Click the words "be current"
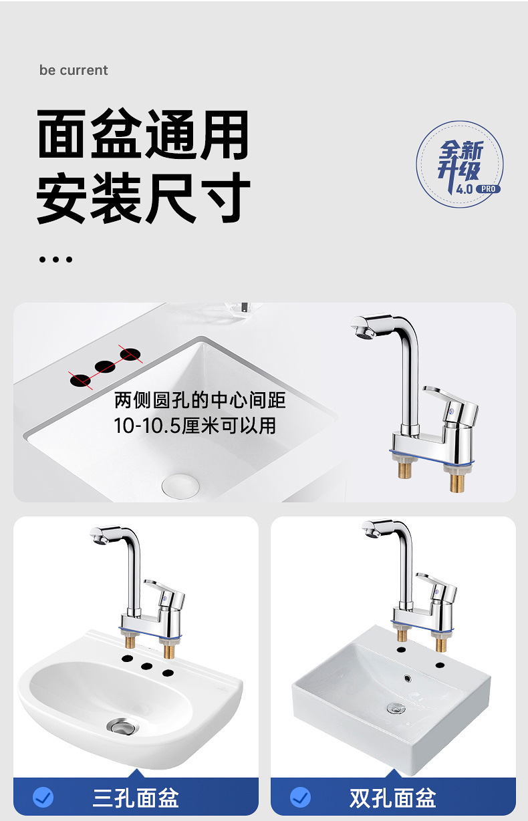[x=74, y=70]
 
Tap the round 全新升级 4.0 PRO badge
[x=460, y=164]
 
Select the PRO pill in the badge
[x=488, y=189]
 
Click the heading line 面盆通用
[x=143, y=134]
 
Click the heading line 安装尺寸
[x=143, y=198]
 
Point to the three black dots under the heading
[x=55, y=259]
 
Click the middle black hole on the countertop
[x=105, y=367]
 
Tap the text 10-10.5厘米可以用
[x=194, y=426]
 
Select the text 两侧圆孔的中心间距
[x=200, y=400]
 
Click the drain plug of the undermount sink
[x=180, y=485]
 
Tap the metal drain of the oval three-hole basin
[x=123, y=726]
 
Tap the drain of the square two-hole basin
[x=396, y=708]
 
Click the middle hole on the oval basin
[x=146, y=666]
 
